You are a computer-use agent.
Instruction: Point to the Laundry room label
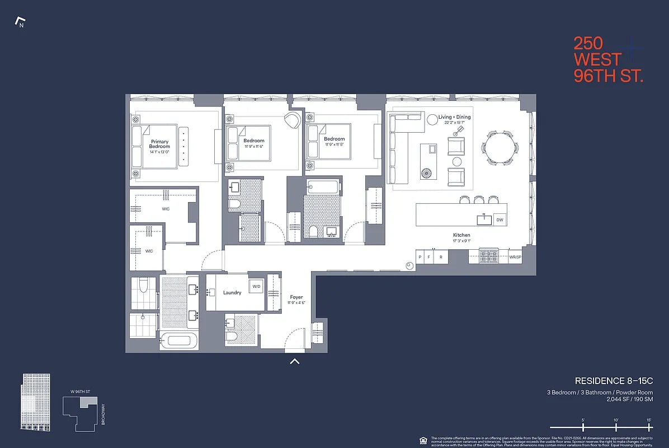pos(232,292)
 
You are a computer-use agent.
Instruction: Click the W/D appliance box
pos(256,287)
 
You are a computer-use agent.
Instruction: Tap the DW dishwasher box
pos(500,220)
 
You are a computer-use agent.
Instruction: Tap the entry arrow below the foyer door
pos(295,362)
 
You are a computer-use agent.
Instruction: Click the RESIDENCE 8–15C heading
pos(614,381)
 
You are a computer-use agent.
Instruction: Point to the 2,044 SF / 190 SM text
pos(629,400)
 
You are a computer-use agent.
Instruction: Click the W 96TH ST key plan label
pos(80,391)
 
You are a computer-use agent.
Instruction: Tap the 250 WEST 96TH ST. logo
pos(607,59)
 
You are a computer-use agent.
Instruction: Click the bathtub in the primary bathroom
pos(179,340)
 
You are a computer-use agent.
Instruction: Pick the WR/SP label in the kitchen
pos(515,258)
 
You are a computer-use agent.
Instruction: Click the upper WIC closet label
pos(166,209)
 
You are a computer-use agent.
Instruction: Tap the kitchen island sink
pos(484,220)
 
